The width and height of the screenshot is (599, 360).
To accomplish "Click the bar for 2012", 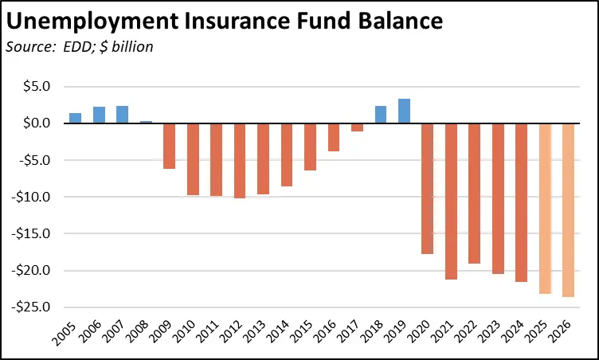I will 240,160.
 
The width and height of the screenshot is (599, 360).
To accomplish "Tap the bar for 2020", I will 428,188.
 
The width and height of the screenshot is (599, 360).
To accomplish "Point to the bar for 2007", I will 122,115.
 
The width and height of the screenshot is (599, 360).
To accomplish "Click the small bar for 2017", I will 358,127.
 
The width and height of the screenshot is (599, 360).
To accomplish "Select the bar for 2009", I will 169,146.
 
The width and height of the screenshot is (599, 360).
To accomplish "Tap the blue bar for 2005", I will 75,118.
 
